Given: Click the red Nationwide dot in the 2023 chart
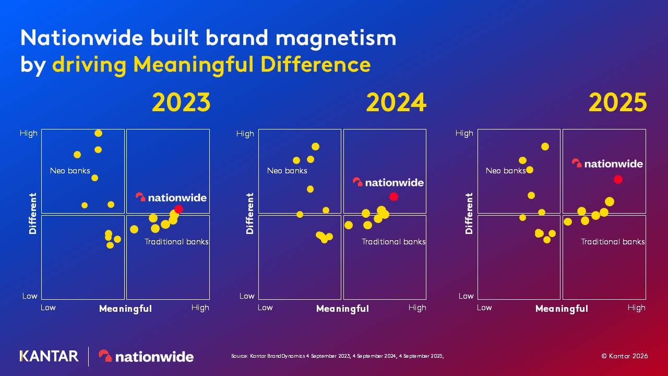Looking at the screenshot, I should coord(178,209).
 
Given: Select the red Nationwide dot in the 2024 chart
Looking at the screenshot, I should coord(393,196).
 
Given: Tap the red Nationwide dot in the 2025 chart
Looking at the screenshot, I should coord(618,179).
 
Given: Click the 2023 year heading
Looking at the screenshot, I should coord(181,103).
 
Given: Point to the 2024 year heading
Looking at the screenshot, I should coord(396,103).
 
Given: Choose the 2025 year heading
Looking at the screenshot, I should coord(618,103).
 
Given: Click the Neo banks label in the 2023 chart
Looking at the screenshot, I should coord(70,171).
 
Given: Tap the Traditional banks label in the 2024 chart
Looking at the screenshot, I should coord(393,242).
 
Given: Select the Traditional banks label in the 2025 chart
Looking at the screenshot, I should coord(613,242).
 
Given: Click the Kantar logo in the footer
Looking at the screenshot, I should coord(49,356).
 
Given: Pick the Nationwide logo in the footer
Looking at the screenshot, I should coord(146,356).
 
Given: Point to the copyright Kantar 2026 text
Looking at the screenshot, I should coord(624,356).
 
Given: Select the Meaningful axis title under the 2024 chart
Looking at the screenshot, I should coord(342,309).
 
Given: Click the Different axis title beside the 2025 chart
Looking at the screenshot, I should coord(469,213).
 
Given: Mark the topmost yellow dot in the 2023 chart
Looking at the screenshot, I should coord(98,133).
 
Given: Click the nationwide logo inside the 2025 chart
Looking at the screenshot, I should coord(607,163).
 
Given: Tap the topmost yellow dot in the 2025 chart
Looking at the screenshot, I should coord(545,147).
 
